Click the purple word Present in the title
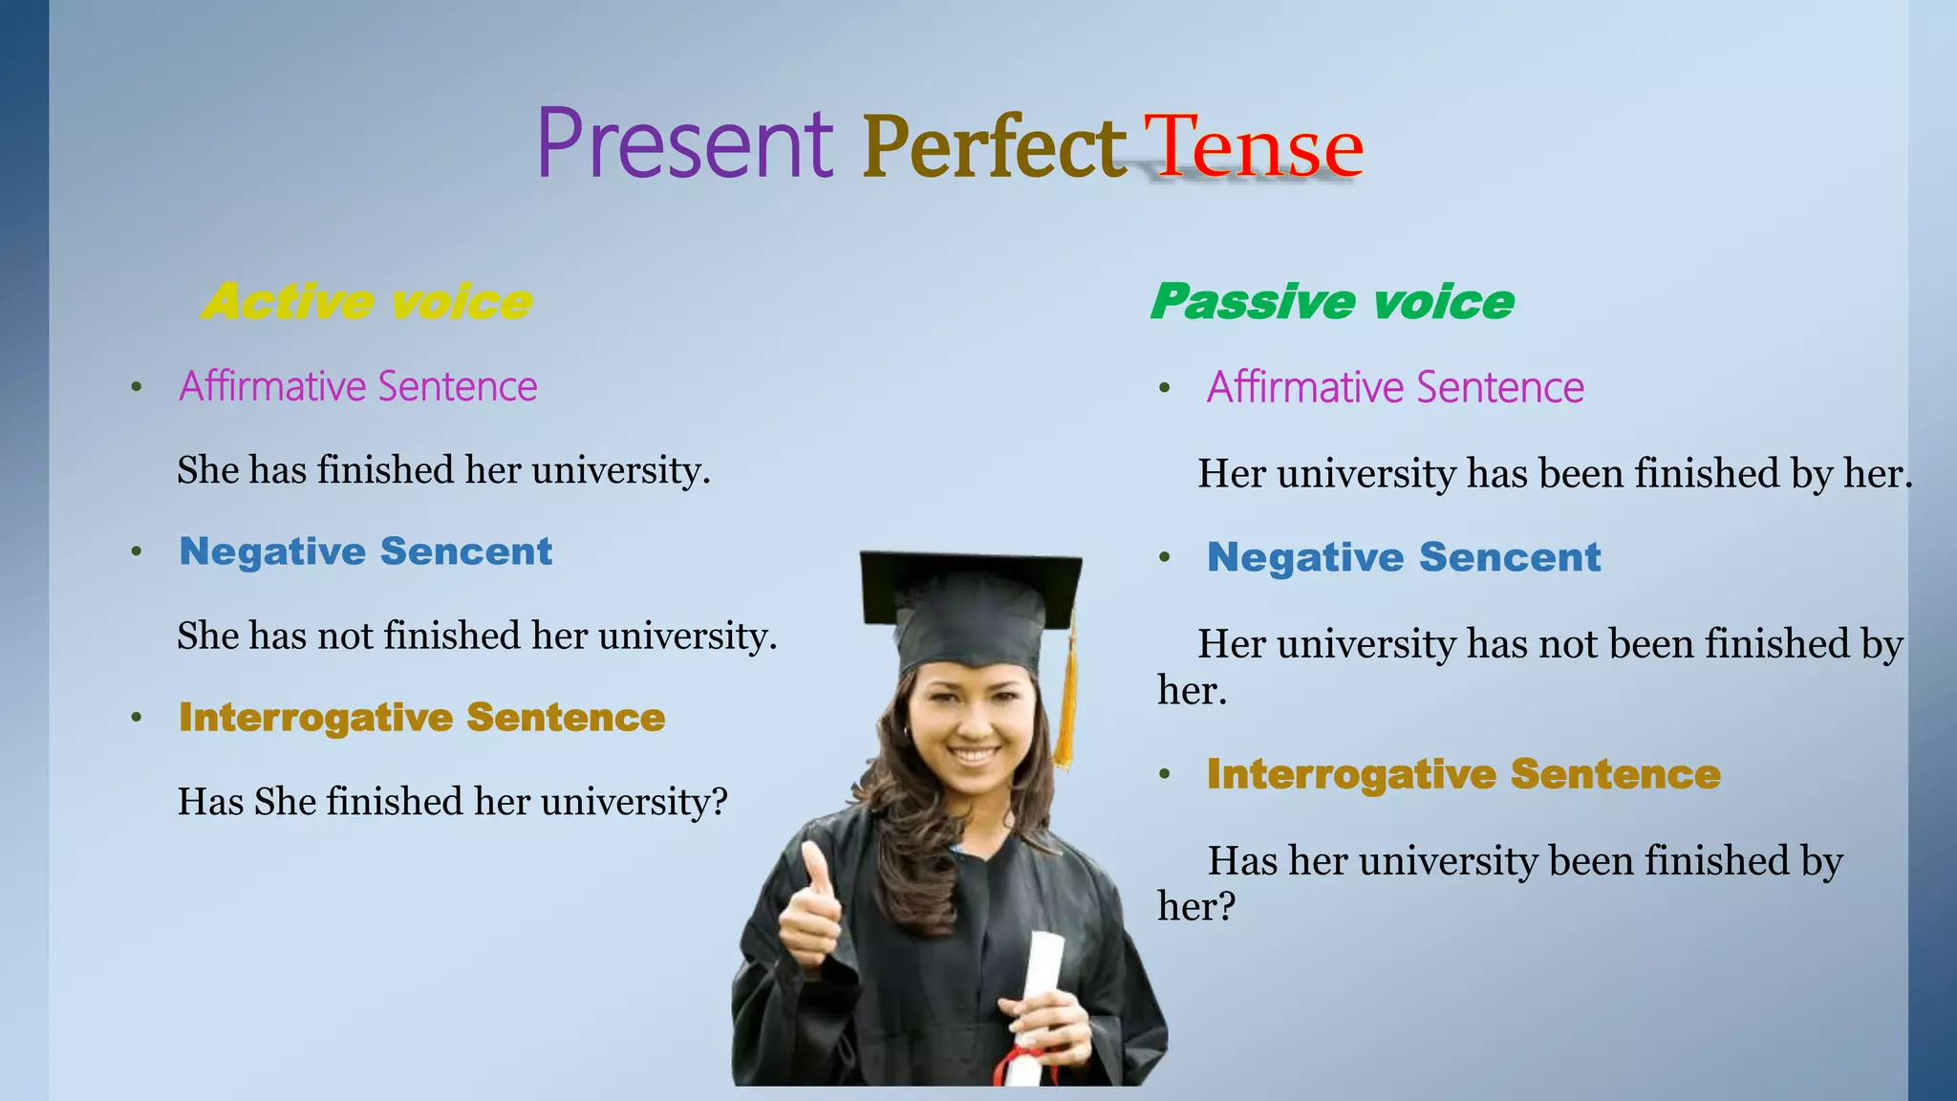[x=684, y=145]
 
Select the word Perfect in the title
[x=994, y=148]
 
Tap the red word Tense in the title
[x=1254, y=148]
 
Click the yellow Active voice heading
[x=368, y=302]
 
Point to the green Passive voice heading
[x=1332, y=302]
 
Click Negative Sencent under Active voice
[x=366, y=551]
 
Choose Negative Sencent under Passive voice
[x=1403, y=557]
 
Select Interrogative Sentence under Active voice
[x=421, y=718]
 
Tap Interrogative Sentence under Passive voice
[x=1463, y=774]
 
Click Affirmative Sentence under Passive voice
[x=1395, y=387]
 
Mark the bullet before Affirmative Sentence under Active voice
[x=137, y=387]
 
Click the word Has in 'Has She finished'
[x=211, y=801]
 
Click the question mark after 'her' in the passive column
[x=1226, y=906]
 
